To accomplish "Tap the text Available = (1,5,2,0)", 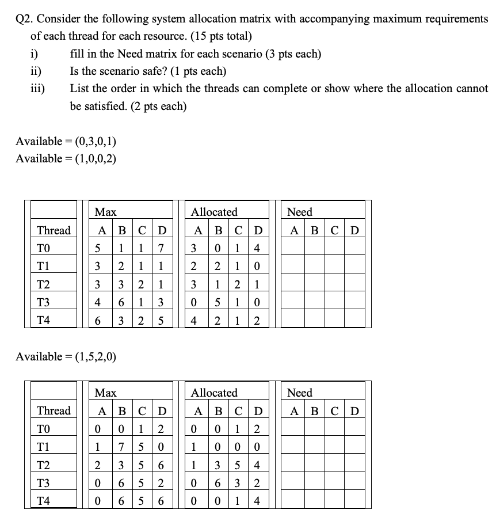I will (x=66, y=356).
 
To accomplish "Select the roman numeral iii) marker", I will (x=38, y=89).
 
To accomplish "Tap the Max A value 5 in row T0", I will (x=98, y=248).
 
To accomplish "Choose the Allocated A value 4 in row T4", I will (x=196, y=320).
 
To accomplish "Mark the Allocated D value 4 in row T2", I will (x=257, y=465).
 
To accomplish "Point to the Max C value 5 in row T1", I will (x=141, y=447).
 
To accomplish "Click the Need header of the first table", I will (x=299, y=212).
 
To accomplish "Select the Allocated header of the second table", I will (x=214, y=393).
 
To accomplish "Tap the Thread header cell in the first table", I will (x=54, y=230).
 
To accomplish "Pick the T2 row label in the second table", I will (x=43, y=465).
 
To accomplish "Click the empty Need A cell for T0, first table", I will (x=294, y=248).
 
